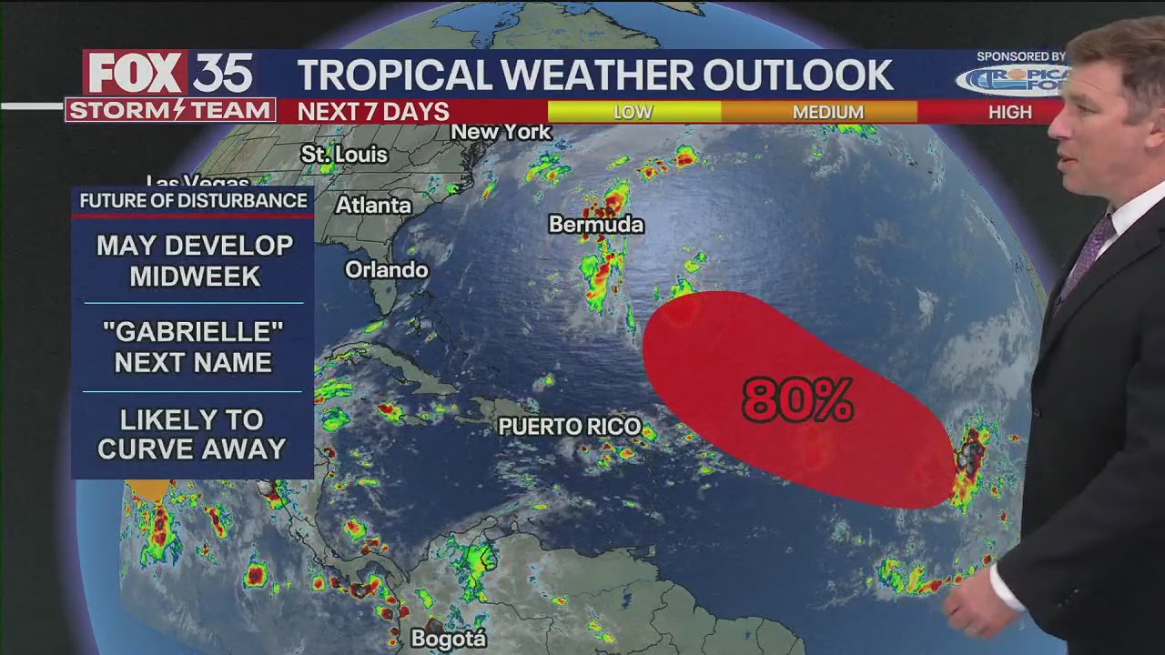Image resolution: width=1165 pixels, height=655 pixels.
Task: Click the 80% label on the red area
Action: (797, 399)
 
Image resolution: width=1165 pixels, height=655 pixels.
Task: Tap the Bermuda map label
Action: (596, 224)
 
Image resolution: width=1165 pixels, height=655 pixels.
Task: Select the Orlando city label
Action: (386, 269)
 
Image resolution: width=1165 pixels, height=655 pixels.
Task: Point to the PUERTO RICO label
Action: (570, 426)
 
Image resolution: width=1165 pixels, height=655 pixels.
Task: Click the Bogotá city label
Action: (449, 639)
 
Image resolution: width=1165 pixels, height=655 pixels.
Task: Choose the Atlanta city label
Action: (373, 206)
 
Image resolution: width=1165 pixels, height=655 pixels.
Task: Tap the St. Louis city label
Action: (344, 155)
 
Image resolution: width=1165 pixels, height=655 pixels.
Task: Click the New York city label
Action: (501, 132)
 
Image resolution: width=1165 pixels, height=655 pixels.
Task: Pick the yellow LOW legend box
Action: (633, 112)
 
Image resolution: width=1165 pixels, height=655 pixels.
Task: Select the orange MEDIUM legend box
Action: (827, 112)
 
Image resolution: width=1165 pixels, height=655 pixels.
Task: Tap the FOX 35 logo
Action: (168, 72)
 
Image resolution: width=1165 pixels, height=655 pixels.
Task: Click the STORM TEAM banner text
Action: (169, 111)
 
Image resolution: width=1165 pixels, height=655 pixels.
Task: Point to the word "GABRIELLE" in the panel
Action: (193, 331)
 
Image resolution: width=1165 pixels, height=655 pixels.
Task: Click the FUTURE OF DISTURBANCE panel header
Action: (193, 200)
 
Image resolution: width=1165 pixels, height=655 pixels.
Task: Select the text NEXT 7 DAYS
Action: (373, 112)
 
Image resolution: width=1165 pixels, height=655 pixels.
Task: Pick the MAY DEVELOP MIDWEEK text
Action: (194, 260)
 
